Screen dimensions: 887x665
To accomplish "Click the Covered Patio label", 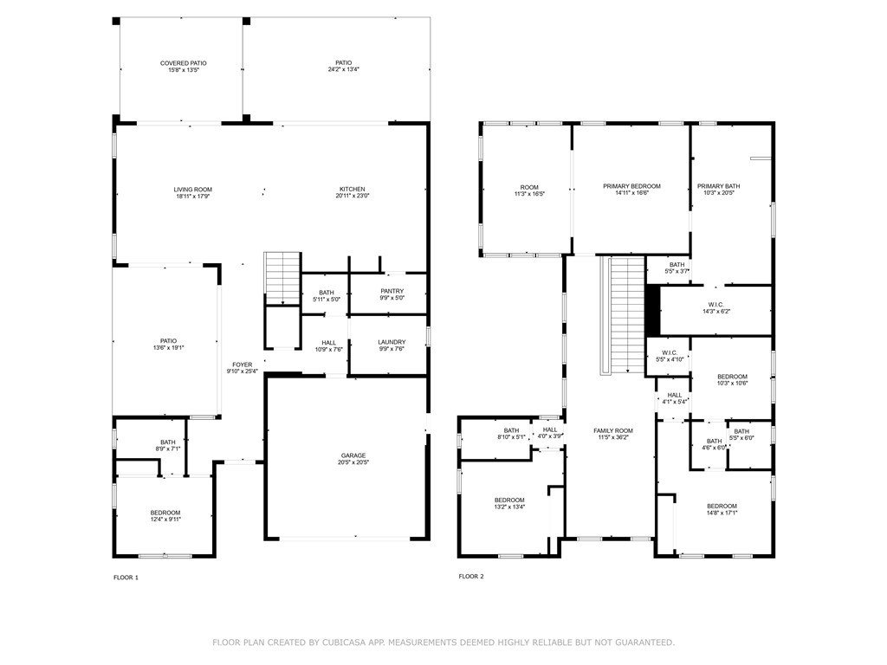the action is [184, 63].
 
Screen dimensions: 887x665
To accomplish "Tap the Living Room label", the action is [193, 190].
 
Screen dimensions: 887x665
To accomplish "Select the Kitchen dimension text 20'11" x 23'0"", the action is [353, 197].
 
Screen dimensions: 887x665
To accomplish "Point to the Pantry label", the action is [392, 291].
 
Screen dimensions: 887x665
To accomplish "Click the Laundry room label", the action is [392, 342].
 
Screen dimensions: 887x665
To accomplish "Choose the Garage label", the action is [353, 455].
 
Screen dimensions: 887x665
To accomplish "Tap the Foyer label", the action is [243, 365].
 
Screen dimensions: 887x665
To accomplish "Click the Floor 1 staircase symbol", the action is [282, 279].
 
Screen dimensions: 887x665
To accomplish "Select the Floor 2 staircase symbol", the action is [622, 315].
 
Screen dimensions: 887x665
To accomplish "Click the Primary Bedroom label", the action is [631, 186].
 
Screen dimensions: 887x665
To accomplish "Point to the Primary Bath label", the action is [718, 186].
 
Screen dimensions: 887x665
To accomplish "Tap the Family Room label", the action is [613, 430].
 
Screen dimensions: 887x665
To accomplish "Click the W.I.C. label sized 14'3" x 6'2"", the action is [716, 305].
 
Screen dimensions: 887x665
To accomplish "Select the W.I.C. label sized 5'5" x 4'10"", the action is [670, 353].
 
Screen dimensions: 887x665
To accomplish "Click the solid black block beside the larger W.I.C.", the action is [653, 310].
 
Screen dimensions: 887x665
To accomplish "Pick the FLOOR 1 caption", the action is [126, 578].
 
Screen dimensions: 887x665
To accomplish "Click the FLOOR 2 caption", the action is [471, 576].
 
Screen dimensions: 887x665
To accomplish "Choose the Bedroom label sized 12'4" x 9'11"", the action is [165, 513].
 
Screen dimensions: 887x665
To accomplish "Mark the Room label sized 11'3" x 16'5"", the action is [529, 187].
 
